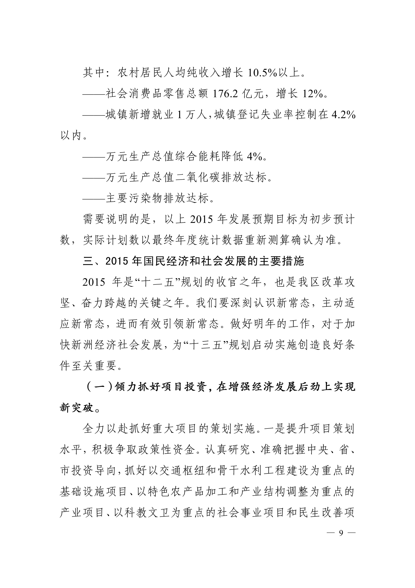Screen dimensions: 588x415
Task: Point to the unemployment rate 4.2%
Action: (343, 115)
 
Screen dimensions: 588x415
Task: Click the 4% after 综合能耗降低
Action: (254, 157)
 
